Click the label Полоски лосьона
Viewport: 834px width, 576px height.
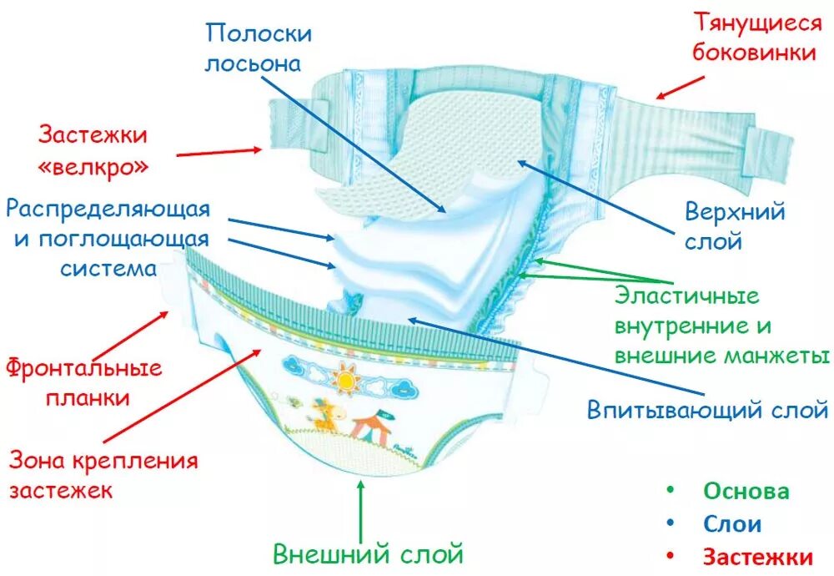point(259,48)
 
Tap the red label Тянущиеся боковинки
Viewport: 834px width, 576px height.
point(758,38)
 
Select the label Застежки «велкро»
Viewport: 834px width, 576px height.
point(93,149)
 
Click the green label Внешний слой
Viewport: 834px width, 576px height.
point(369,553)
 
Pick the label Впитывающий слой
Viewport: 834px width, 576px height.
point(707,410)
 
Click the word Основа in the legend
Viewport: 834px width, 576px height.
point(746,491)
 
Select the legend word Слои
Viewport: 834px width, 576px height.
point(732,524)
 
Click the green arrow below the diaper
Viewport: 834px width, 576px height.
point(361,509)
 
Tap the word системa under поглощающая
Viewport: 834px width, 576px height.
point(108,269)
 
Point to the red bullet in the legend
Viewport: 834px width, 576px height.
point(671,557)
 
